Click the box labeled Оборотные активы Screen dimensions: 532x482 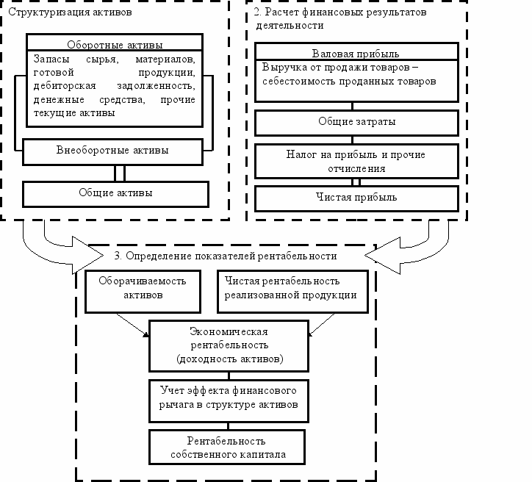115,43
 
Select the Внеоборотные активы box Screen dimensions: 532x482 112,151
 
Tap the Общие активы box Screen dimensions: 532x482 115,194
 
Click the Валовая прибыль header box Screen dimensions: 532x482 356,51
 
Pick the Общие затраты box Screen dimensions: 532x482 356,123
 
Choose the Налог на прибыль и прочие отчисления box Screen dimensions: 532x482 356,161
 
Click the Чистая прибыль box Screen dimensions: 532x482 356,198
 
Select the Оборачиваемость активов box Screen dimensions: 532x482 143,292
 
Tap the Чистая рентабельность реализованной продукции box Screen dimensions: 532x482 292,292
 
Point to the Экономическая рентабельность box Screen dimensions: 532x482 229,345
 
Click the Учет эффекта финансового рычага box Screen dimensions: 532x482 229,401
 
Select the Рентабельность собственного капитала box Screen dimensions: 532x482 227,447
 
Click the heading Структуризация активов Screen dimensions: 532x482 70,12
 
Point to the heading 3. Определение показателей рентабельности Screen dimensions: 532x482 226,256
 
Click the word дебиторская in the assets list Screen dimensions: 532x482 65,86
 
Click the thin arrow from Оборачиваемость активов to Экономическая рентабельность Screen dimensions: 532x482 132,325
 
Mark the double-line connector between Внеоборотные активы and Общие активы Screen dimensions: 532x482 120,173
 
